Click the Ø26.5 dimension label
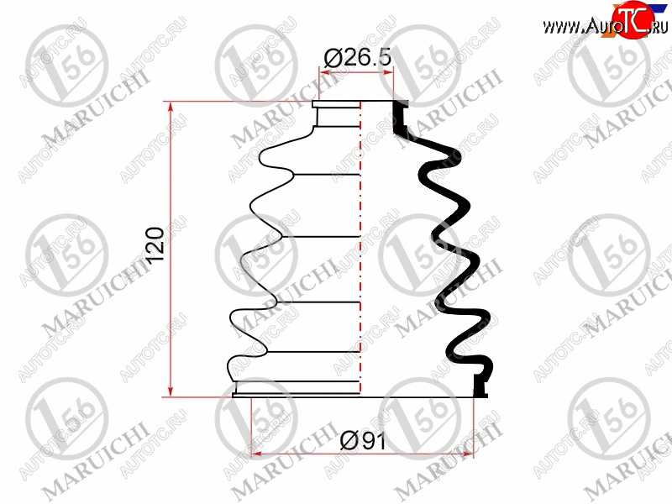[x=358, y=58]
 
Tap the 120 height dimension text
[x=155, y=245]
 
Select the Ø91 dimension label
[x=363, y=441]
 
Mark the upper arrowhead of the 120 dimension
[x=171, y=109]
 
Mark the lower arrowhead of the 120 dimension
[x=171, y=390]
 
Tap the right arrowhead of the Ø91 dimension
[x=467, y=453]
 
